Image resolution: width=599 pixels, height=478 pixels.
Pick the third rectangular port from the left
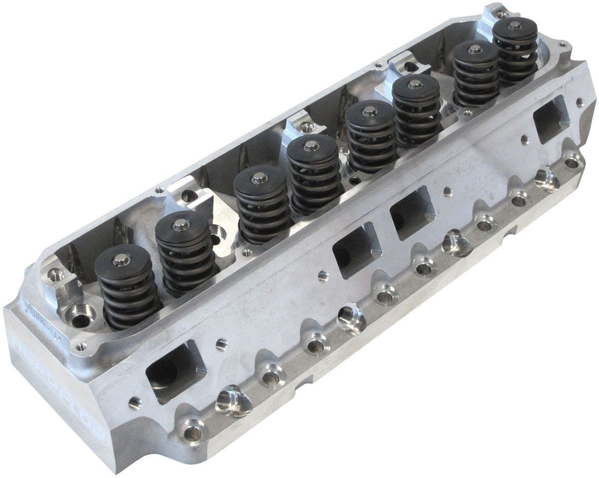[412, 211]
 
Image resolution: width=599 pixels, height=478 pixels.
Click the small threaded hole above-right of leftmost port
[219, 342]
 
